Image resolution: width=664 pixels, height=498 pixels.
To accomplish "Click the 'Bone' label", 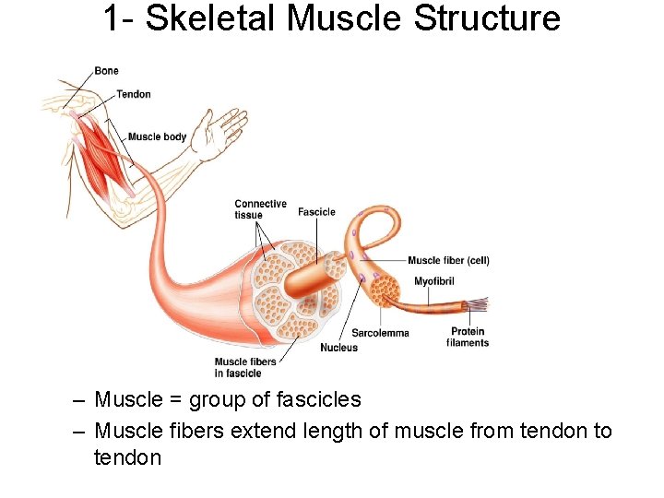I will point(106,71).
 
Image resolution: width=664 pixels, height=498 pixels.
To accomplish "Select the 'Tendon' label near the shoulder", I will point(134,94).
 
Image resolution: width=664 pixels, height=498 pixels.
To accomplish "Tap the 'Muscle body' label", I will point(157,136).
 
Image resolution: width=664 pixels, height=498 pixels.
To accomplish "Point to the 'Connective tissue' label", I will point(260,209).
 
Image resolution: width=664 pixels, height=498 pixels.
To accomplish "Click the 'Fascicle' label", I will point(316,212).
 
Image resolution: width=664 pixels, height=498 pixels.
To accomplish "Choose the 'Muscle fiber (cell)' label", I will point(448,261).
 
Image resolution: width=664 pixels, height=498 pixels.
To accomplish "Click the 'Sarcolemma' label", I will point(380,333).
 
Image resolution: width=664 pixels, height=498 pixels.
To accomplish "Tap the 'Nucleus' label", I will point(338,348).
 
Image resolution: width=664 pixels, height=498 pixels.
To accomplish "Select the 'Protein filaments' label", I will point(468,338).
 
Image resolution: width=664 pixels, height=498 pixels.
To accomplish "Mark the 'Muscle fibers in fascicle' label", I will point(244,367).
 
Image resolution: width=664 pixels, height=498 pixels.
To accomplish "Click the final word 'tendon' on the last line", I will point(127,457).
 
